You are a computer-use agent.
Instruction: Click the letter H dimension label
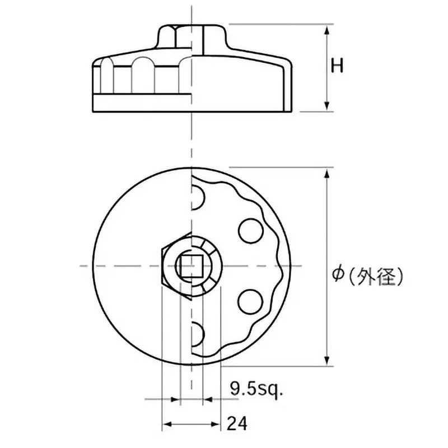(337, 66)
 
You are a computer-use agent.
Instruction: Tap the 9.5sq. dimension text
(256, 389)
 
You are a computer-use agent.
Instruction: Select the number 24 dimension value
(236, 424)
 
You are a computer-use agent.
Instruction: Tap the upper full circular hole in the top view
(250, 231)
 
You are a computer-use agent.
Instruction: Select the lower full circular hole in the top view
(250, 302)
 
